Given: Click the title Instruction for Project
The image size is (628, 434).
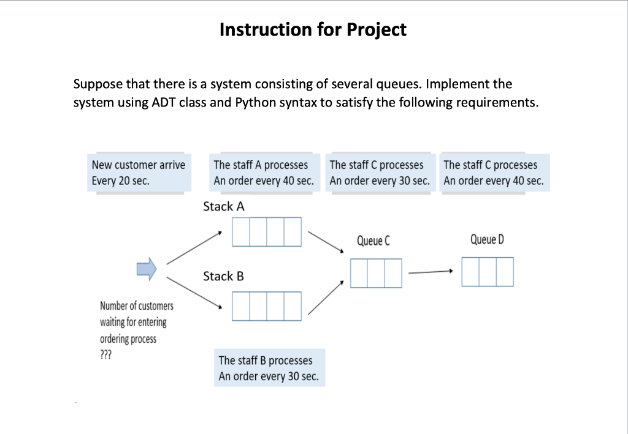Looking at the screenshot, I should [x=313, y=29].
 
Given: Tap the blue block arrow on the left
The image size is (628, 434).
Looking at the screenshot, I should [x=147, y=268].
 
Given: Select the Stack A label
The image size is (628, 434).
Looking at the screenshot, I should [x=223, y=207].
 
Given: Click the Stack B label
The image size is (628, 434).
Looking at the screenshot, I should [x=223, y=277].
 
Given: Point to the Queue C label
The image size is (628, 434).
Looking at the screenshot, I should [x=373, y=241].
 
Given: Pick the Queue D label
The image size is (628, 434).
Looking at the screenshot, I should [x=487, y=239].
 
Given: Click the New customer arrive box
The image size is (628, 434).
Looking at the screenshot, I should [x=137, y=173].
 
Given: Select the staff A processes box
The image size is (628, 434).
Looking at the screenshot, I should [x=263, y=173].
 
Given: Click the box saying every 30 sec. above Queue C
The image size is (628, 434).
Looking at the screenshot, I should [x=379, y=173].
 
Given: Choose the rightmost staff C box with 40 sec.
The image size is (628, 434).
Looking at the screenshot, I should [x=493, y=173].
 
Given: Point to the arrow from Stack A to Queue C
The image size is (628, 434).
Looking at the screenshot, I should [x=326, y=242].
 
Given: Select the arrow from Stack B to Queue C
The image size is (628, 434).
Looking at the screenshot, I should [x=326, y=298].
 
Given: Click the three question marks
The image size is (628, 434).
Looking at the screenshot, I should [x=105, y=355].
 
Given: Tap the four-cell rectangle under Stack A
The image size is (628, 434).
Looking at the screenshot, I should [x=267, y=232].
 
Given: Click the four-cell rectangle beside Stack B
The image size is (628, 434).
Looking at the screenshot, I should [x=267, y=306].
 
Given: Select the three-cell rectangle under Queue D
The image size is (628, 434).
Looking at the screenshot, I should [x=488, y=272].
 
